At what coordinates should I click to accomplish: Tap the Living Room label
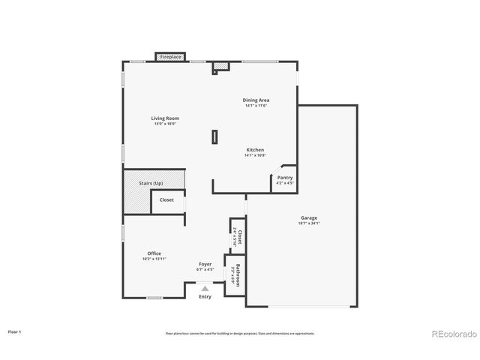click(x=165, y=118)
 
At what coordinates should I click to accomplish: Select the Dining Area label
click(x=256, y=100)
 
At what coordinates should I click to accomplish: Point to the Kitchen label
click(x=255, y=149)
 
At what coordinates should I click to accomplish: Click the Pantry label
click(x=285, y=178)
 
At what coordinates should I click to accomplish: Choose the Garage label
click(x=310, y=218)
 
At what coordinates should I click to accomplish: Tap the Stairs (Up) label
click(x=151, y=183)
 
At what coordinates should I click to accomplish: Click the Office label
click(x=154, y=253)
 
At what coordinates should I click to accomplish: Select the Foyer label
click(x=205, y=264)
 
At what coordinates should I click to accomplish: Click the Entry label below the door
click(x=205, y=296)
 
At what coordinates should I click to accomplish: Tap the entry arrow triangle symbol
click(x=205, y=287)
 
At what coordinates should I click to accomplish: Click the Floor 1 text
click(x=15, y=331)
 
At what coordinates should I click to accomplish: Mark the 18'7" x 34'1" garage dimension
click(x=310, y=223)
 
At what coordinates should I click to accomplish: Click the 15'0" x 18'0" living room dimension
click(x=165, y=123)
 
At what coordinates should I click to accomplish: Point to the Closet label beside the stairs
click(x=166, y=200)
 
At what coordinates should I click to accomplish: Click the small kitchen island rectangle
click(x=214, y=136)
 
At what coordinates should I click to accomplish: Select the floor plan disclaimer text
click(x=239, y=333)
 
